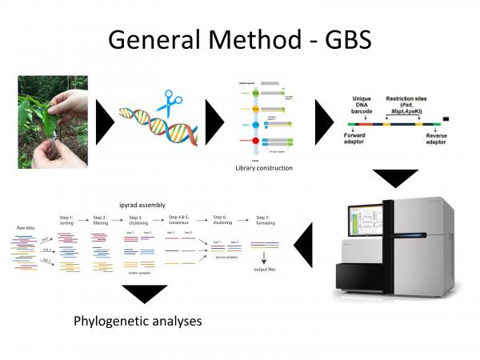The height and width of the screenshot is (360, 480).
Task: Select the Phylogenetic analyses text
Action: pyautogui.click(x=137, y=322)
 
